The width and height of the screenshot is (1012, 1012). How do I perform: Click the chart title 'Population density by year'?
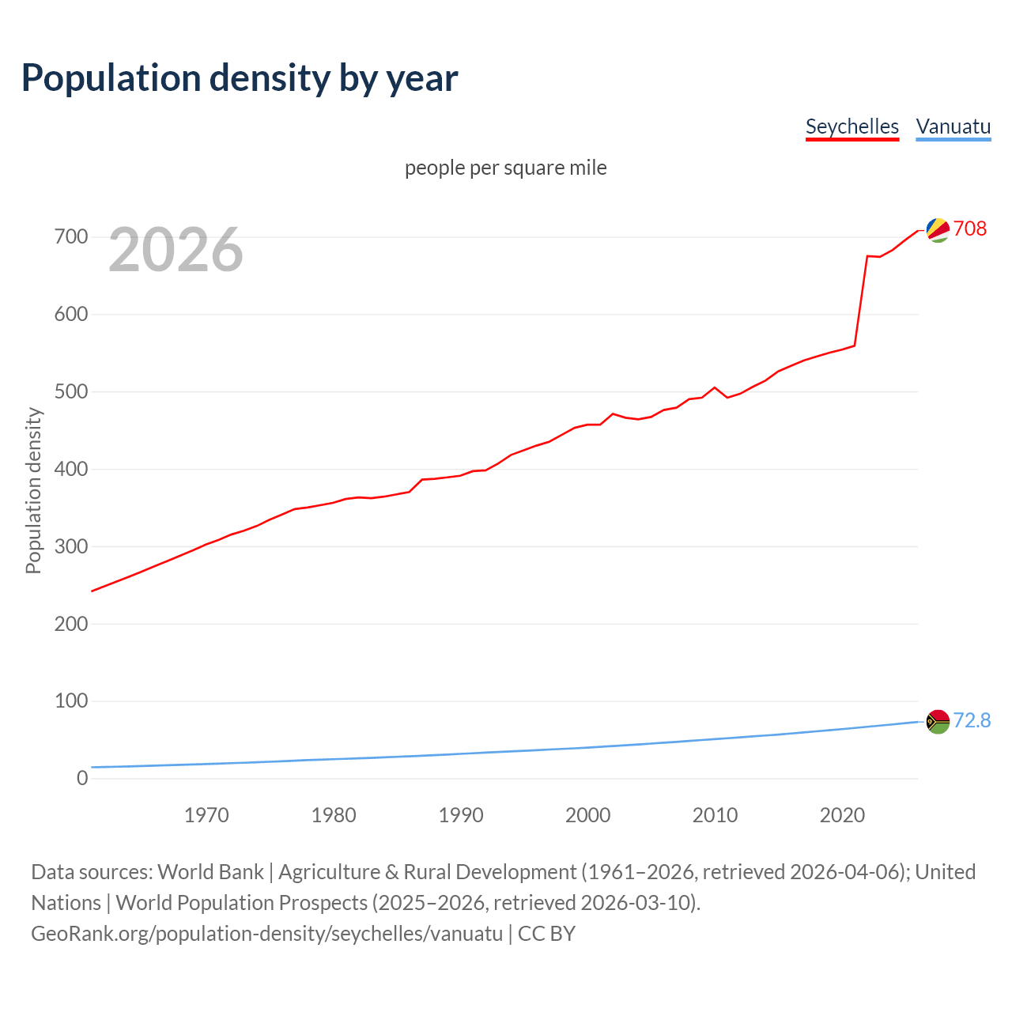(240, 78)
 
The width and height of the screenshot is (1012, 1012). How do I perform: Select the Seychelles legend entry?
(852, 126)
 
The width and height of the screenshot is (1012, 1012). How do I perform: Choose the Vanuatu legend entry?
(953, 126)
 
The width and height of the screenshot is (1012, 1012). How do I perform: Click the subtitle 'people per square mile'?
(505, 168)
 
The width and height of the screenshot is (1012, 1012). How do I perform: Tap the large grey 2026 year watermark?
(176, 250)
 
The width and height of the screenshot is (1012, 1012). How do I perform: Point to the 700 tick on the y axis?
(71, 236)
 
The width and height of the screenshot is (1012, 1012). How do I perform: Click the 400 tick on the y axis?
(71, 469)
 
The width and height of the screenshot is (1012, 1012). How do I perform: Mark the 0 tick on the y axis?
(82, 778)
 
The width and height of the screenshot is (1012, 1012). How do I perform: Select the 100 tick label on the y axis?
(71, 700)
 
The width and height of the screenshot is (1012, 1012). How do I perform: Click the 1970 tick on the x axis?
(206, 815)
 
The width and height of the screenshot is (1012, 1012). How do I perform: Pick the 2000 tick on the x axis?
(587, 815)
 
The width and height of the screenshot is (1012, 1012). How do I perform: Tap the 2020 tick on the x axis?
(842, 815)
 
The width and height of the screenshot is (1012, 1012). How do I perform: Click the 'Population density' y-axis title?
(33, 490)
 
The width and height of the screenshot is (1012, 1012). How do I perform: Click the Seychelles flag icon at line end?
(938, 229)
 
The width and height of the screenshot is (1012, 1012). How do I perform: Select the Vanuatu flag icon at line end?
(938, 721)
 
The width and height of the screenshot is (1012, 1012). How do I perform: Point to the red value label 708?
(970, 228)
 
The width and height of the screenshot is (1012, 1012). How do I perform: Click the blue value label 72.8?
(972, 720)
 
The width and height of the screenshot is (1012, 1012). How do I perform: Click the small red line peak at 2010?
(715, 387)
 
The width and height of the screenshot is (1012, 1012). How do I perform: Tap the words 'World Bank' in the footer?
(210, 871)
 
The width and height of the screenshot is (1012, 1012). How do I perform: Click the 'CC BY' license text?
(546, 933)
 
